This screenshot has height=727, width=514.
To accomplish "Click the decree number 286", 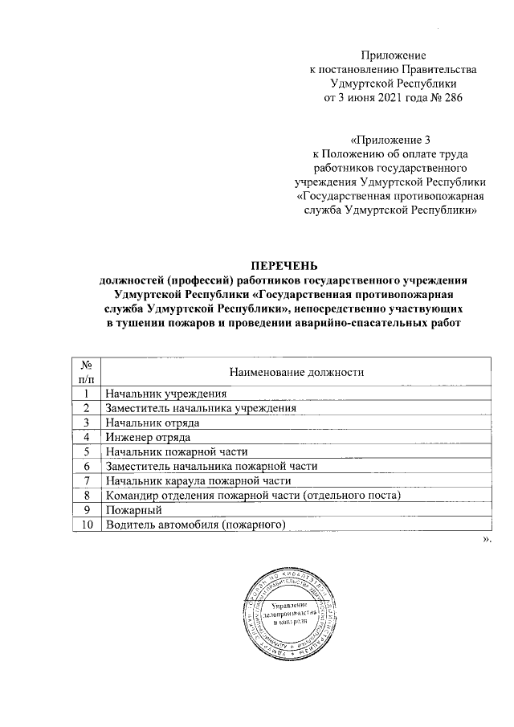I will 452,98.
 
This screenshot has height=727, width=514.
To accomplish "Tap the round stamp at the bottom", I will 290,612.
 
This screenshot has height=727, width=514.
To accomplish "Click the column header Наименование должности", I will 297,372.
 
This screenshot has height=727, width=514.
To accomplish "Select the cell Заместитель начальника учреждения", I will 201,408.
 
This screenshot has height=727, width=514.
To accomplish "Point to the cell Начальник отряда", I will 152,423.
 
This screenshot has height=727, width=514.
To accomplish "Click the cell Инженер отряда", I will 147,437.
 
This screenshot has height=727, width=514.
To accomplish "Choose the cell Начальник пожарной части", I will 177,452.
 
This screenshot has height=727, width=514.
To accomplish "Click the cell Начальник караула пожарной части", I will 196,481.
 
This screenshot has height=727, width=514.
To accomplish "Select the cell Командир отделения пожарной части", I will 251,496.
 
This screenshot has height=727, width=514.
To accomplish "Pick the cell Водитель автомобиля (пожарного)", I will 195,525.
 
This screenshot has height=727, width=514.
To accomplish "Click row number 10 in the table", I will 85,525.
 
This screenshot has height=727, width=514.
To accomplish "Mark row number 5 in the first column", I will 85,452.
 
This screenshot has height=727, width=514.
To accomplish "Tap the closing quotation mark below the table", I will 485,540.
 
